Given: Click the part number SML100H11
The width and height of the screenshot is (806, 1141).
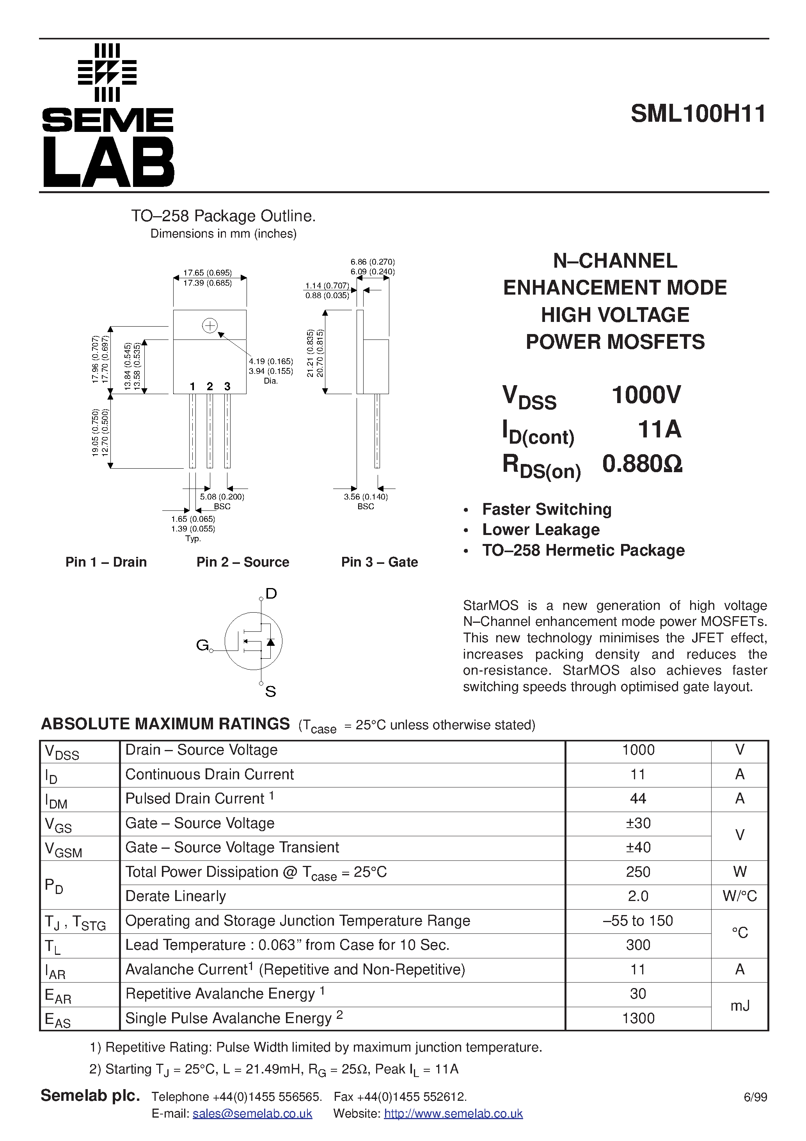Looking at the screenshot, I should pyautogui.click(x=698, y=114).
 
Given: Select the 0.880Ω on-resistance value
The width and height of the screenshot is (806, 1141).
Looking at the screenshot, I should pyautogui.click(x=642, y=464).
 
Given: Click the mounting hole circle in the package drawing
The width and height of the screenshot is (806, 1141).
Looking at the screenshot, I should pyautogui.click(x=210, y=326).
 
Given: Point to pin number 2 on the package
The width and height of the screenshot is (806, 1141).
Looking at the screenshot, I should pyautogui.click(x=210, y=386).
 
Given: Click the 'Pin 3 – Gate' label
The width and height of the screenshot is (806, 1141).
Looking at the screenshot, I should pyautogui.click(x=379, y=562).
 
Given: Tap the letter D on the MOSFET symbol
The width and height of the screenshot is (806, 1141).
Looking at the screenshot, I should pyautogui.click(x=271, y=594).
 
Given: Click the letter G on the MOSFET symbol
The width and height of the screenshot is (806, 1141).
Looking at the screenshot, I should pyautogui.click(x=202, y=645).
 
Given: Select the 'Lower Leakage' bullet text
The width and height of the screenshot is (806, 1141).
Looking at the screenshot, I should pyautogui.click(x=541, y=530).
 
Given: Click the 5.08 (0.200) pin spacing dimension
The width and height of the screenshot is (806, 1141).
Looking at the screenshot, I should pyautogui.click(x=222, y=496).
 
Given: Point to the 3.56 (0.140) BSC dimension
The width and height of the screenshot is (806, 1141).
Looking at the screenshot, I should pyautogui.click(x=366, y=496).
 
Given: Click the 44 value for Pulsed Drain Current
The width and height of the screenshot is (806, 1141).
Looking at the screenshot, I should pyautogui.click(x=637, y=799).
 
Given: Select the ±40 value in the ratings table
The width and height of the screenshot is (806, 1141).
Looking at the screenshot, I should pyautogui.click(x=637, y=847).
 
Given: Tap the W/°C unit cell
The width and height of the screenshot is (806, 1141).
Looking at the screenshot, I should pyautogui.click(x=739, y=896).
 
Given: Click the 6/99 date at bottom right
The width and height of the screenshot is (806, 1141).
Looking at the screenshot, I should pyautogui.click(x=755, y=1097).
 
